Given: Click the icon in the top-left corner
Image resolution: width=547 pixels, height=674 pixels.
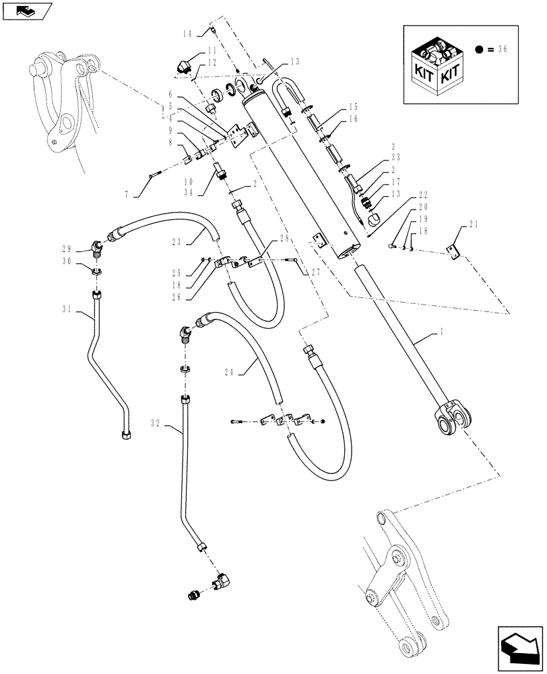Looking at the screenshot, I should click(x=27, y=11).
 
